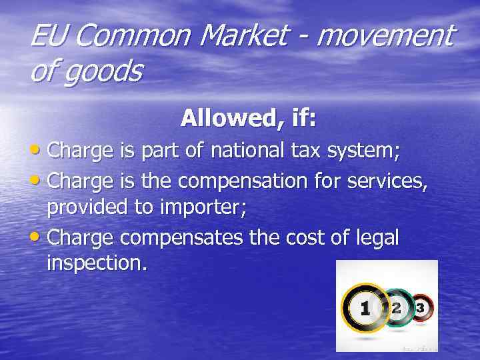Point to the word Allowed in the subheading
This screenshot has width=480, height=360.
click(x=218, y=119)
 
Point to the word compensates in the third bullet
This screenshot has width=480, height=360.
click(x=181, y=239)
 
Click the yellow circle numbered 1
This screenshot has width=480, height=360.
click(x=365, y=309)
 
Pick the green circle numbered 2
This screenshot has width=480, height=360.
click(x=397, y=307)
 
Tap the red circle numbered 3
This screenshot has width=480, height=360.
click(x=420, y=307)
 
